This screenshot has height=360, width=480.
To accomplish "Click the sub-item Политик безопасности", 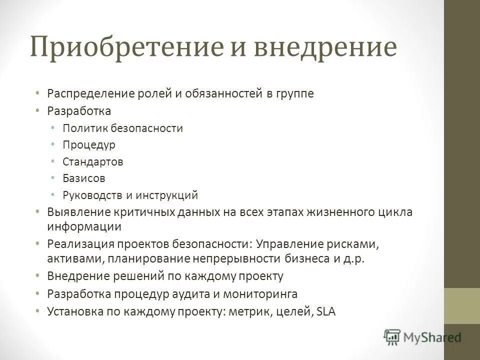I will (123, 128).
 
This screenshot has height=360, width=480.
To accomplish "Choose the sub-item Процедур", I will (89, 145).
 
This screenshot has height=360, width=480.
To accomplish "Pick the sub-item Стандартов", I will (93, 161).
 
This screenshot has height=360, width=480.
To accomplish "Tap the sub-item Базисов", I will (84, 178).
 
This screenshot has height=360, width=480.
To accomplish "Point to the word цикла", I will (395, 212).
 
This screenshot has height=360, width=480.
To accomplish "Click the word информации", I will (84, 226).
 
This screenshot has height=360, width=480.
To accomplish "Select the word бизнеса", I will (305, 259).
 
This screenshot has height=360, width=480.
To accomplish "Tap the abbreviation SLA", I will (327, 311).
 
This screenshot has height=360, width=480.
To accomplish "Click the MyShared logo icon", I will (393, 338).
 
